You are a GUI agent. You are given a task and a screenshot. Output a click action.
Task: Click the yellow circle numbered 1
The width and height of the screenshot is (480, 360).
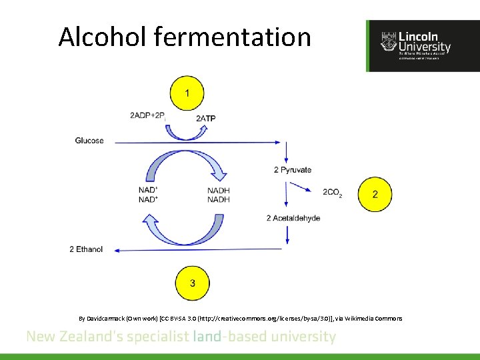pyautogui.click(x=187, y=93)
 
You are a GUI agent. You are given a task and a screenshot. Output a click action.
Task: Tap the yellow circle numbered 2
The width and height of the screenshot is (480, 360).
pyautogui.click(x=375, y=194)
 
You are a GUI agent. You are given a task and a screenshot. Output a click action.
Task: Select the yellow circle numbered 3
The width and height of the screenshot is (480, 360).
pyautogui.click(x=192, y=283)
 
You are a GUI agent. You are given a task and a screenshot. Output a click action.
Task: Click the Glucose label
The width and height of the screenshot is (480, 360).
pyautogui.click(x=89, y=141)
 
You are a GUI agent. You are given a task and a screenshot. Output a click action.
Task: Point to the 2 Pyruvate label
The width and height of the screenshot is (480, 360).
pyautogui.click(x=293, y=170)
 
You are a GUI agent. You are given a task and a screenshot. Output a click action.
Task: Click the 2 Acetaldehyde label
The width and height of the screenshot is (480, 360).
pyautogui.click(x=293, y=219)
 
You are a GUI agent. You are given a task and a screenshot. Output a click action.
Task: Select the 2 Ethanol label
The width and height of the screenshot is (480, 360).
pyautogui.click(x=86, y=250)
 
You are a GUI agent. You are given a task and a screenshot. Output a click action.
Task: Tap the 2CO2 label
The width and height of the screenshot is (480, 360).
pyautogui.click(x=333, y=193)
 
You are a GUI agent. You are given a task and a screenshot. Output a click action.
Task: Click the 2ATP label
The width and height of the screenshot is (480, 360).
pyautogui.click(x=206, y=119)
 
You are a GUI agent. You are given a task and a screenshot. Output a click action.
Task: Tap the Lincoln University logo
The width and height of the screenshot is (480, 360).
pyautogui.click(x=423, y=45)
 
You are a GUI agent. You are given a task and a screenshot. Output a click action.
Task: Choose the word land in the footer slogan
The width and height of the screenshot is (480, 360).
pyautogui.click(x=203, y=337)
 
